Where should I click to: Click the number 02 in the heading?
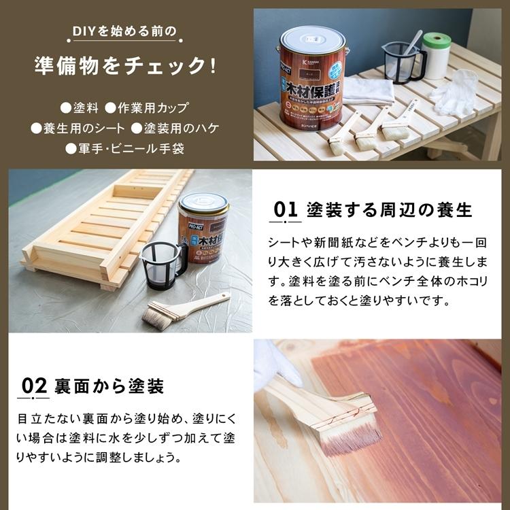tap(33, 386)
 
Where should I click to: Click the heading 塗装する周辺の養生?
tap(390, 209)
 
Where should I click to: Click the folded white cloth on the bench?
tap(368, 90)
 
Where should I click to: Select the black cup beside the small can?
tap(163, 262)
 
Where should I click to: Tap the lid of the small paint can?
tap(203, 202)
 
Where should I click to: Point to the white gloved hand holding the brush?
tap(273, 364)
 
